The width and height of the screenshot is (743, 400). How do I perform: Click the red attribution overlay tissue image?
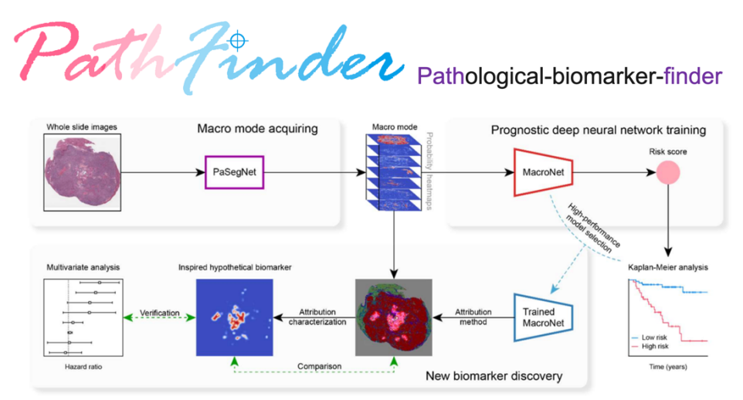tap(394, 317)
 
